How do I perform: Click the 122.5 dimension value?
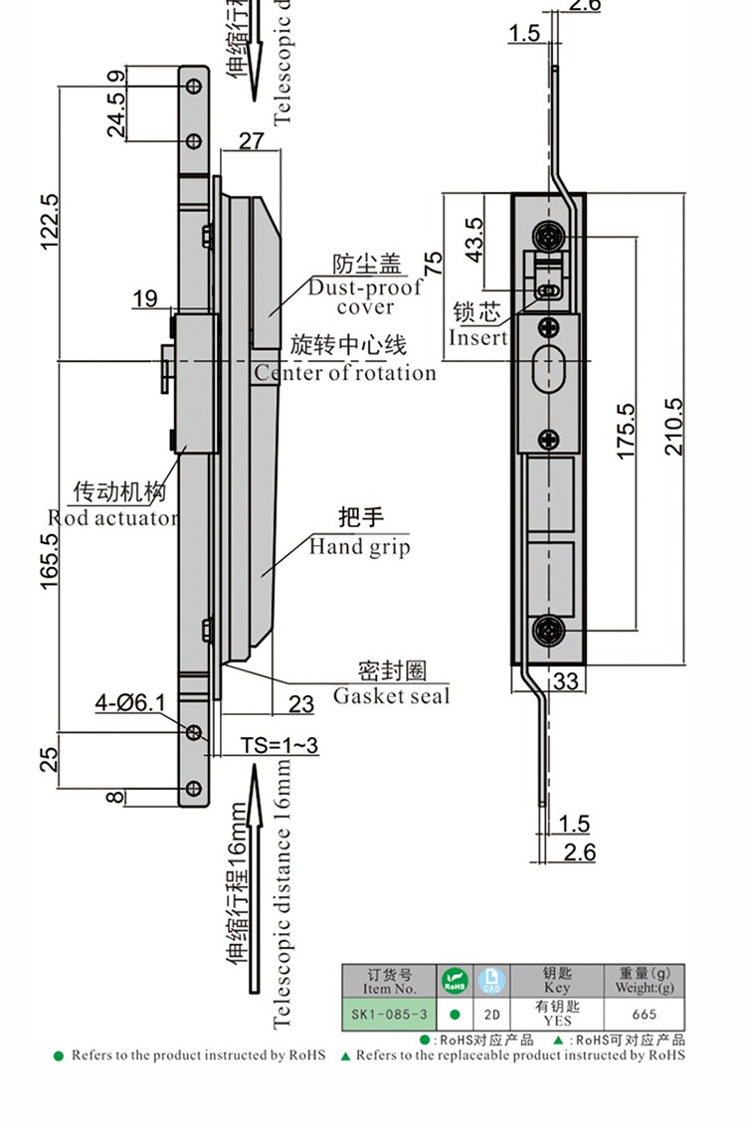click(51, 221)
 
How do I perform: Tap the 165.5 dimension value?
click(51, 561)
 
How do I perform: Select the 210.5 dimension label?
click(674, 427)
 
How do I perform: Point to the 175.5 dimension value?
click(625, 431)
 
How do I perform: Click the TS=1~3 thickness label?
click(280, 745)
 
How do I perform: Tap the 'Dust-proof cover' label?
click(365, 296)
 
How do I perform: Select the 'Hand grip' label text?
click(359, 546)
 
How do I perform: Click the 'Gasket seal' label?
click(391, 695)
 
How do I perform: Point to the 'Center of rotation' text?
click(345, 373)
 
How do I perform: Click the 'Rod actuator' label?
click(113, 517)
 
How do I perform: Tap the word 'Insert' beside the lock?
click(478, 337)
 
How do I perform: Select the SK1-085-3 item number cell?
click(389, 1014)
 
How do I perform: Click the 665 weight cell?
click(645, 1014)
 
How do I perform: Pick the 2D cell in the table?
click(491, 1014)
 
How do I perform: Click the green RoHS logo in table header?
click(455, 980)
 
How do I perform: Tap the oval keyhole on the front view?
click(546, 372)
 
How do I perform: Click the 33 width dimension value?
click(566, 680)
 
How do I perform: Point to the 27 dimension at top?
click(252, 140)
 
